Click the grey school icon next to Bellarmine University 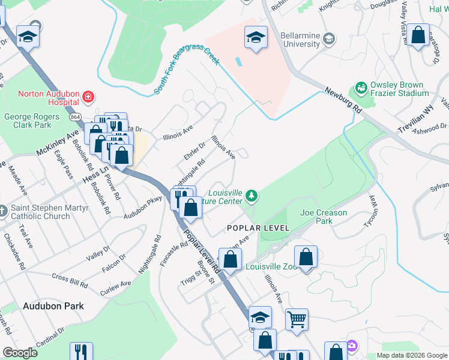pos(328,39)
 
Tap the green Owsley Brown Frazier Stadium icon pos(360,89)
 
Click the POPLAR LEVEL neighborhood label pos(258,228)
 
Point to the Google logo pos(20,353)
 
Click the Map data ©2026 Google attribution pos(411,355)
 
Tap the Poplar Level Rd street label pos(201,253)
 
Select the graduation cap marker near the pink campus pos(256,38)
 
